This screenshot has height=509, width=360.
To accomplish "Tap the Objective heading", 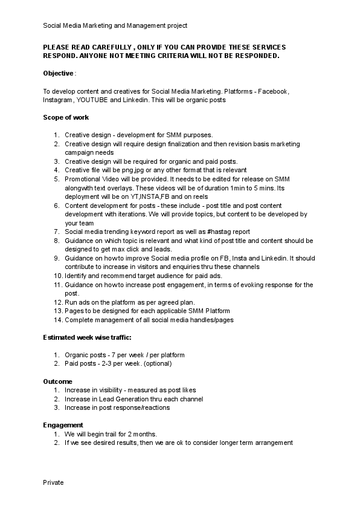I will [x=58, y=73].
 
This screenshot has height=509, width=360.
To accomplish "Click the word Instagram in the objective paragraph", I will [x=57, y=100].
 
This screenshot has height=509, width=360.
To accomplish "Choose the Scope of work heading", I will [x=66, y=117].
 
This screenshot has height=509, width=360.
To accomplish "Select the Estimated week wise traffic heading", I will [x=87, y=337].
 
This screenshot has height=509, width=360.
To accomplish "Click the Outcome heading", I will [x=57, y=381].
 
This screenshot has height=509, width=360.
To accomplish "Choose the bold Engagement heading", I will [x=63, y=425].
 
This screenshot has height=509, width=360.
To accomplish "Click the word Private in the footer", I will [x=53, y=482].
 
